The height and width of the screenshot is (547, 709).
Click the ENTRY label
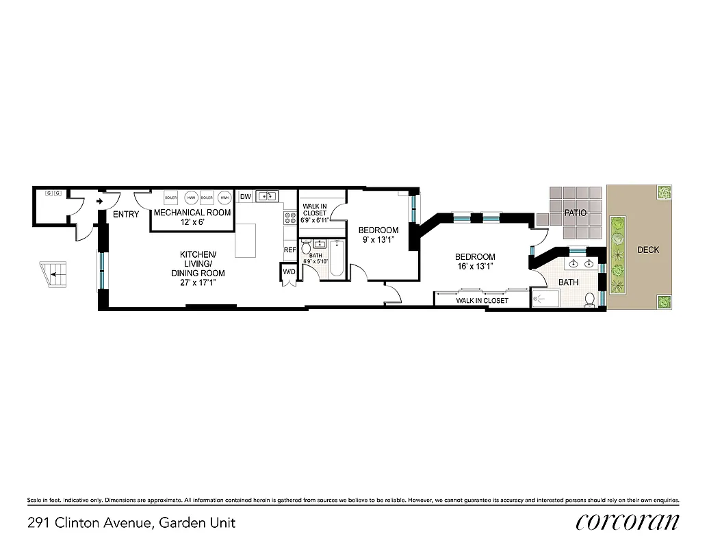coord(126,214)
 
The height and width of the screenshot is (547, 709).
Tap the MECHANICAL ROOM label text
coord(192,213)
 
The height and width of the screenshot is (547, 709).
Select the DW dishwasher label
coord(246,197)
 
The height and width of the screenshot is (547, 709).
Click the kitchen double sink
coord(268,197)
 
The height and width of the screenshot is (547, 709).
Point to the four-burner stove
coord(289,218)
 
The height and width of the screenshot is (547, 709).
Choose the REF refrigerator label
coord(290,250)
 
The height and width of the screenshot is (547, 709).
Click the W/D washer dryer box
coord(289,272)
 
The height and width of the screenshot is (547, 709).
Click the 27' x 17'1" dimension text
coord(198,282)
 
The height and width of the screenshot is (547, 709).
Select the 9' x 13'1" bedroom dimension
coord(378,239)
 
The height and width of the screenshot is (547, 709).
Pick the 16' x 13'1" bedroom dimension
coord(475,266)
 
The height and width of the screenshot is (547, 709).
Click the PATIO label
coord(575,213)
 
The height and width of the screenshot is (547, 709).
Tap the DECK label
coord(648,250)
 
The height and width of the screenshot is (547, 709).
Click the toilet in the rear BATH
coord(589,299)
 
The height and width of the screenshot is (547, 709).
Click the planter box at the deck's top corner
coord(662,195)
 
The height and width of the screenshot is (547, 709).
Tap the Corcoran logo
coord(628,522)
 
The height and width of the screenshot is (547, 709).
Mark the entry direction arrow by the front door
coord(100,202)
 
